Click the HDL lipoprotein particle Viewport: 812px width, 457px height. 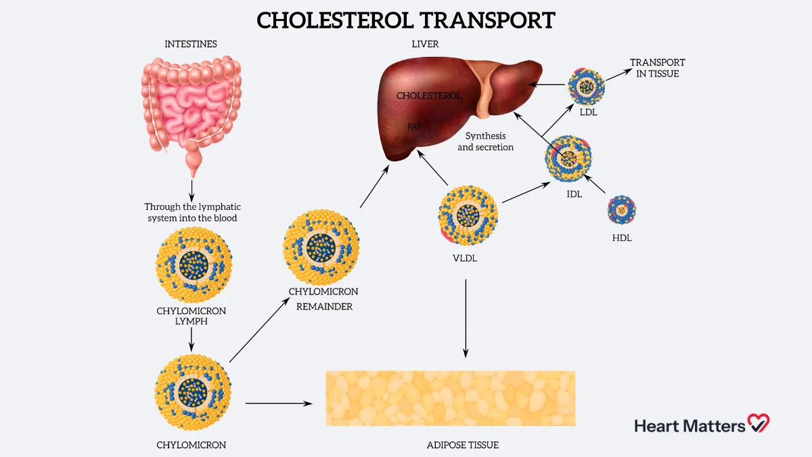622,210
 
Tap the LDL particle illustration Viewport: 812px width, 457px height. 586,85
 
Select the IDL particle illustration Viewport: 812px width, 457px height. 569,158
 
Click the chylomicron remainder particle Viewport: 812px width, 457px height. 321,247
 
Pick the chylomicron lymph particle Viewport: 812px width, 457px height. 194,265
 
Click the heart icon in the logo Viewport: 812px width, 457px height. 759,424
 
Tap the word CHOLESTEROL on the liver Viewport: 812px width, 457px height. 429,96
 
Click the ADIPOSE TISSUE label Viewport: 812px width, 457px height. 463,445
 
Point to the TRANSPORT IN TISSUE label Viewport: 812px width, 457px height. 658,68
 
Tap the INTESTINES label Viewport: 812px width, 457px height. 191,44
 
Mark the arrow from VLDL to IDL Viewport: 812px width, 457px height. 524,193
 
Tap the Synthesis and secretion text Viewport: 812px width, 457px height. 485,142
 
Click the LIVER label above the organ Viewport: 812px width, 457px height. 425,44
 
